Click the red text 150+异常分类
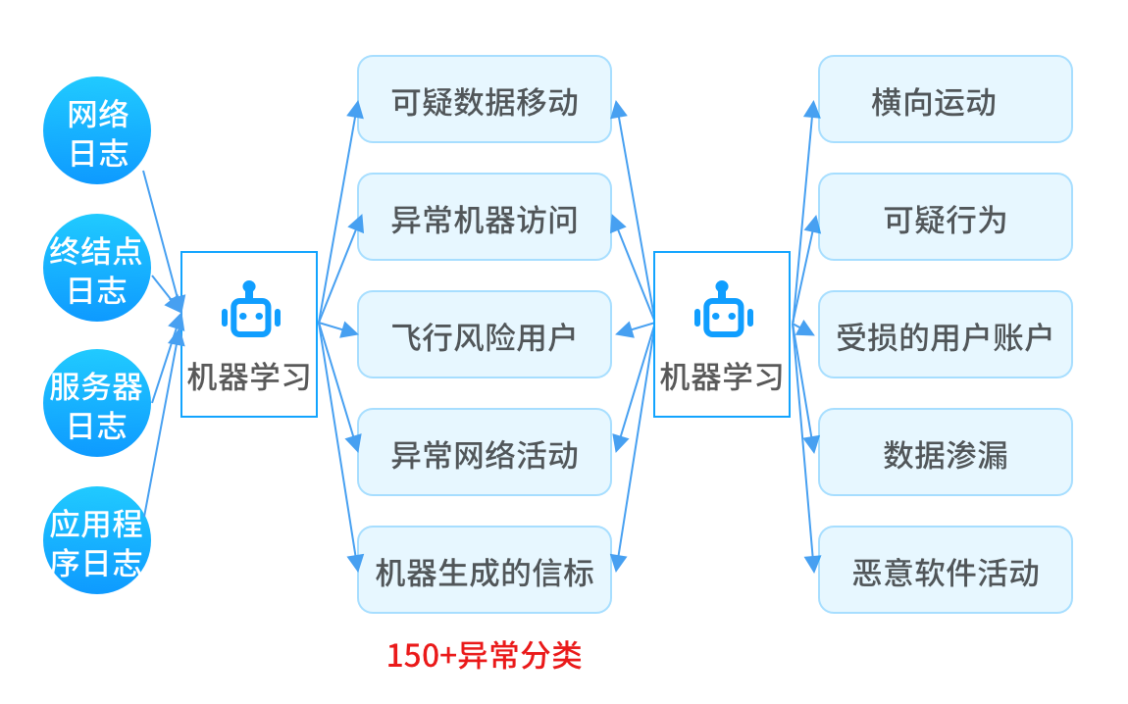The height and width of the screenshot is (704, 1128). coord(485,655)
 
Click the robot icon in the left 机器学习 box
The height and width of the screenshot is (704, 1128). coord(250,312)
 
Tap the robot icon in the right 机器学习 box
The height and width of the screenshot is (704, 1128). coord(723,312)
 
